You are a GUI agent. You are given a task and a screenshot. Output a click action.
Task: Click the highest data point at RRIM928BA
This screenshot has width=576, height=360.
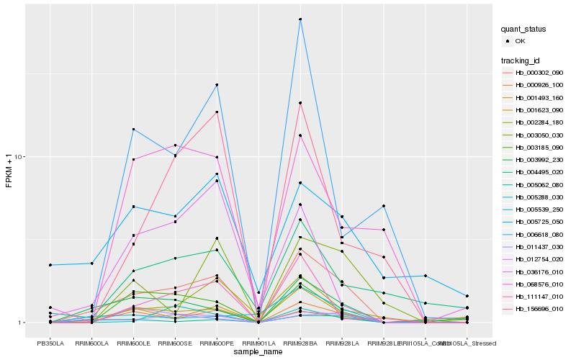[x=300, y=19]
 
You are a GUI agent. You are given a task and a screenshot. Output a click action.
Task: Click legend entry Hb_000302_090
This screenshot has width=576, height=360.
[x=539, y=73]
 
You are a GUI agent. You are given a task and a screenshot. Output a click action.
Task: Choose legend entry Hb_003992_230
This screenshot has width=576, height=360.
[x=539, y=160]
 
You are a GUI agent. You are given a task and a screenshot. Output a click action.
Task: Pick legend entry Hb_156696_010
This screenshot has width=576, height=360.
[x=539, y=310]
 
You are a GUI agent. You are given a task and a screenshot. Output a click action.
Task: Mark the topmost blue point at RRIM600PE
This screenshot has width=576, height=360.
[x=217, y=85]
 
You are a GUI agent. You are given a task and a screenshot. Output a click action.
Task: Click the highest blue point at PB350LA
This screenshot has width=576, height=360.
[x=50, y=265]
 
